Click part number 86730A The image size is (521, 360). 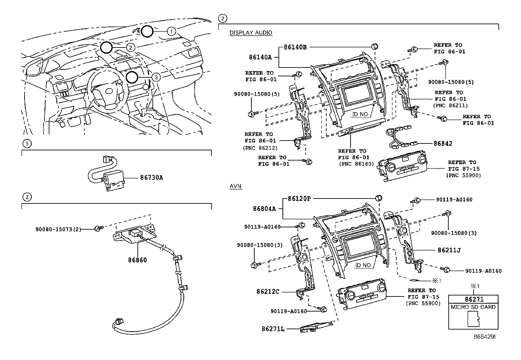(152, 178)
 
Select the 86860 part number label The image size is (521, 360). (137, 260)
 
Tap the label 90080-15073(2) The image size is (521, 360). (58, 230)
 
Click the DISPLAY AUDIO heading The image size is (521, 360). (251, 33)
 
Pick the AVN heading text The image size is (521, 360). (235, 186)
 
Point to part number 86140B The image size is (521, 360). (295, 47)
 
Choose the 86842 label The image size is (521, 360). (443, 143)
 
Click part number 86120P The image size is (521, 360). (299, 199)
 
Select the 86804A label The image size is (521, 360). (264, 209)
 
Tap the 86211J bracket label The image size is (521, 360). (449, 250)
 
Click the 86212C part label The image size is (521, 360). (268, 292)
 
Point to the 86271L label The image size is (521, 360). (273, 329)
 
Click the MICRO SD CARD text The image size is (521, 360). (473, 307)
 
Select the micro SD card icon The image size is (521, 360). (473, 319)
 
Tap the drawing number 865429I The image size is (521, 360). (485, 337)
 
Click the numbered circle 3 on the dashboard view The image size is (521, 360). (156, 77)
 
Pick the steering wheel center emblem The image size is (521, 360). (109, 91)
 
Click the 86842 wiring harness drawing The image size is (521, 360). (401, 137)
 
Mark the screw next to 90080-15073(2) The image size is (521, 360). (99, 228)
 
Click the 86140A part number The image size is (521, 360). (260, 57)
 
